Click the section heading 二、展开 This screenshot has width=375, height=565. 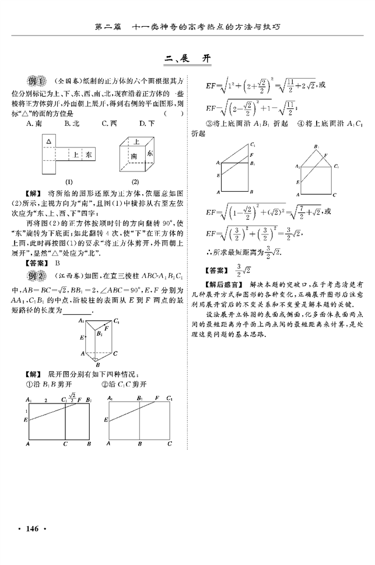tap(187, 59)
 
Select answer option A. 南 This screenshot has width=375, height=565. tap(34, 123)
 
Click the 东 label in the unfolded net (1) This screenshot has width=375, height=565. tap(87, 155)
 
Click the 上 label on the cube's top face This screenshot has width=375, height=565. tap(136, 142)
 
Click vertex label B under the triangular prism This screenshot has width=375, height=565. tap(97, 364)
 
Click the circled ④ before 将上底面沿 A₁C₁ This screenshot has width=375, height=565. tap(301, 124)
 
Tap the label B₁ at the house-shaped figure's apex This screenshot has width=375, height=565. tap(316, 146)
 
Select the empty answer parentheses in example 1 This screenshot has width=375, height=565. tap(173, 114)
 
